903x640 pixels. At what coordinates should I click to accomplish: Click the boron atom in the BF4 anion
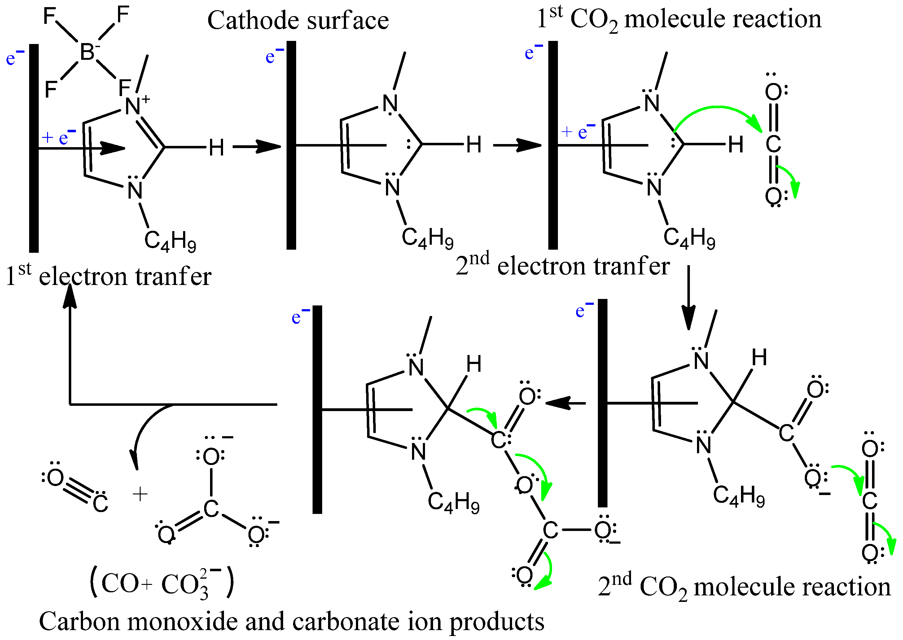(x=87, y=52)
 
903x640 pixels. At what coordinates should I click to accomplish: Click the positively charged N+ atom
(x=133, y=106)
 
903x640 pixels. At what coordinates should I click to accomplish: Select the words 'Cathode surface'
(x=298, y=20)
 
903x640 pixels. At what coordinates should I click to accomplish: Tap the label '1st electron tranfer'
(x=109, y=276)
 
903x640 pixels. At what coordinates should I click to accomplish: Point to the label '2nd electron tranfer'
(x=563, y=265)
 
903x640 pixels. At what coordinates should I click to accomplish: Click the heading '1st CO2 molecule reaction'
(x=679, y=19)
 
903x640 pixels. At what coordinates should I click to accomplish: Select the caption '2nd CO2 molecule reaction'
(x=744, y=586)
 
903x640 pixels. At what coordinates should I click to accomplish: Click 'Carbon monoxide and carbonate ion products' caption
(x=292, y=621)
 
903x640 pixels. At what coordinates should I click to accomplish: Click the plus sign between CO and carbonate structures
(x=140, y=494)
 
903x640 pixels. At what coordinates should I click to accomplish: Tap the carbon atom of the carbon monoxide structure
(x=100, y=504)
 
